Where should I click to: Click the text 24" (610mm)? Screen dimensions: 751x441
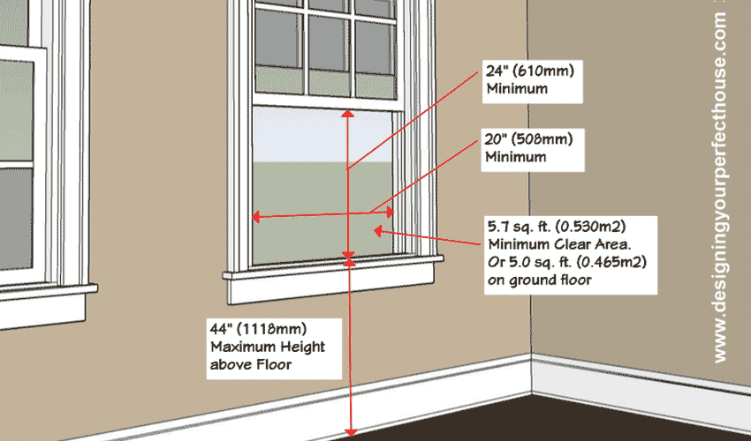pyautogui.click(x=530, y=71)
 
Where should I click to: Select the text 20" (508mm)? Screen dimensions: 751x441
pyautogui.click(x=528, y=139)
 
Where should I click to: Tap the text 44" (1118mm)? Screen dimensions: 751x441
pyautogui.click(x=258, y=329)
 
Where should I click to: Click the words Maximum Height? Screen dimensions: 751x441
pyautogui.click(x=268, y=347)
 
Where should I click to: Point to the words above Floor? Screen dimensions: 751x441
pyautogui.click(x=251, y=364)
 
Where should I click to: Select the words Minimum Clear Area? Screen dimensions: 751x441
pyautogui.click(x=559, y=244)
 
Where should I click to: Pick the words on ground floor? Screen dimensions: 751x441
pyautogui.click(x=539, y=280)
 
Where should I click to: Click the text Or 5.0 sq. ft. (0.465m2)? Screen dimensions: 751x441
pyautogui.click(x=567, y=262)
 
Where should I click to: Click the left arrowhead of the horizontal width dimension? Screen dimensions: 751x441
pyautogui.click(x=255, y=217)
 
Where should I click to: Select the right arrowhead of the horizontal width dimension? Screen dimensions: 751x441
pyautogui.click(x=391, y=212)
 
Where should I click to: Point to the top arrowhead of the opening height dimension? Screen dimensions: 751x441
pyautogui.click(x=348, y=114)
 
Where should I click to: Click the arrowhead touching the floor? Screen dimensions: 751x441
pyautogui.click(x=351, y=432)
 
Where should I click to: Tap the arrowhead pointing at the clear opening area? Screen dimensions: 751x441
pyautogui.click(x=378, y=231)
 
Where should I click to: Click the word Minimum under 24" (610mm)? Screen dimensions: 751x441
pyautogui.click(x=517, y=88)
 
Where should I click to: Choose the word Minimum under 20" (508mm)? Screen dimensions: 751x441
pyautogui.click(x=516, y=157)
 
